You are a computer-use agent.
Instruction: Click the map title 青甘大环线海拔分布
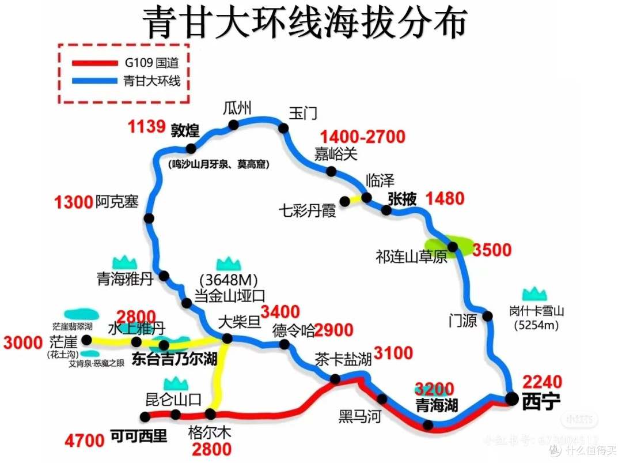[x=305, y=22]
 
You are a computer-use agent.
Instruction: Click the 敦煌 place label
[x=185, y=130]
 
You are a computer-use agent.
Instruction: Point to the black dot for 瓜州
[x=233, y=125]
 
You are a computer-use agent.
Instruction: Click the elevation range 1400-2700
[x=363, y=137]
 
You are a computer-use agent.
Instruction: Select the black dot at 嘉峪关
[x=331, y=171]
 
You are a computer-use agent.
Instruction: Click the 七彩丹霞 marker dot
[x=344, y=201]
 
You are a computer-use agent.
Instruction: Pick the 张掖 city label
[x=402, y=199]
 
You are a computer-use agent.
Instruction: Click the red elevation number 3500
[x=492, y=250]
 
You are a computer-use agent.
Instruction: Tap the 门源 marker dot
[x=488, y=316]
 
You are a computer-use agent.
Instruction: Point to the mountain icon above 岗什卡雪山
[x=534, y=293]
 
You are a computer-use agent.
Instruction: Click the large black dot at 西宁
[x=511, y=397]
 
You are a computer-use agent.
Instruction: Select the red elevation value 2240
[x=542, y=381]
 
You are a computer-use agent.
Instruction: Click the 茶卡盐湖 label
[x=343, y=359]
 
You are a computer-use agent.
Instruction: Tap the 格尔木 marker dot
[x=210, y=413]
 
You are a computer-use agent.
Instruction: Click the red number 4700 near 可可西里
[x=85, y=442]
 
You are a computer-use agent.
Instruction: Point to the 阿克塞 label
[x=117, y=202]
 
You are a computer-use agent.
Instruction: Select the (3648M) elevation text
[x=227, y=280]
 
